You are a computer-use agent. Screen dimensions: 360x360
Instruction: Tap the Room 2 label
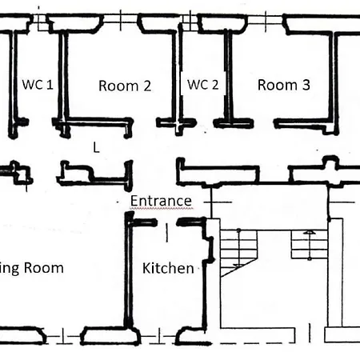tap(124, 86)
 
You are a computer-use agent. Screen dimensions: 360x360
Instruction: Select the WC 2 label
tap(202, 84)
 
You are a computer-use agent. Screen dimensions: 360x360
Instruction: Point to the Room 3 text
tap(283, 84)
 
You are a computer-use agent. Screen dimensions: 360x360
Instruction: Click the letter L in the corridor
tap(96, 147)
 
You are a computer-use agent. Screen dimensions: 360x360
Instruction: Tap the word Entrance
tap(161, 201)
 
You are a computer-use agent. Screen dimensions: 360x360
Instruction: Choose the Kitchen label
tap(168, 268)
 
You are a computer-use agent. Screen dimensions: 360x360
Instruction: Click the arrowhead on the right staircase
tap(307, 233)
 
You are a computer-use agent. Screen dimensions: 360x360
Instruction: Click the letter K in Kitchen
tap(147, 268)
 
